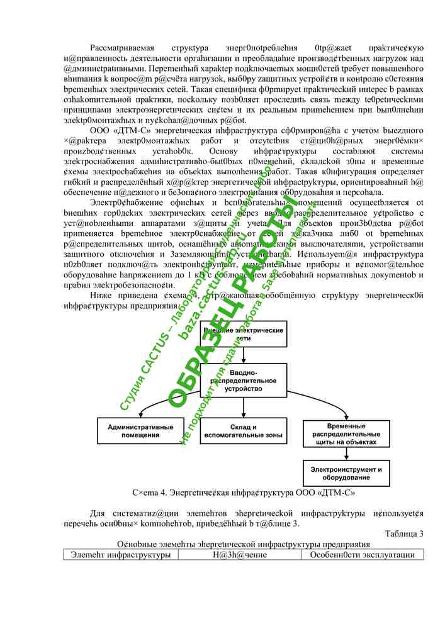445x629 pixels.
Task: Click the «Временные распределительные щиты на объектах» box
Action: tap(343, 433)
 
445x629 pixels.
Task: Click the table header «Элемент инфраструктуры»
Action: tap(121, 555)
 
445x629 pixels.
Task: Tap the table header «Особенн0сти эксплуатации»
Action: tap(362, 555)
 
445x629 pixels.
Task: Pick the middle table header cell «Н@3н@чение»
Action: tap(240, 555)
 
